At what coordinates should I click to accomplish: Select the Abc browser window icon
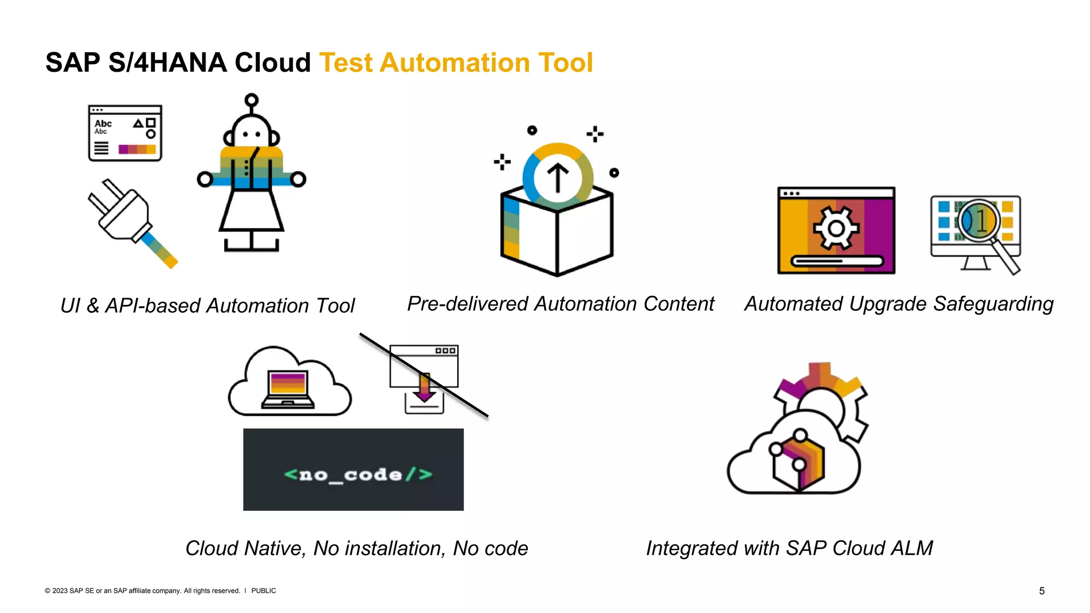pyautogui.click(x=125, y=133)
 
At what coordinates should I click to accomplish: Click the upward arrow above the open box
pyautogui.click(x=558, y=177)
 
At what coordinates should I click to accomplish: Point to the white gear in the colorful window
pyautogui.click(x=836, y=229)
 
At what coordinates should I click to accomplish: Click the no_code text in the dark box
pyautogui.click(x=358, y=474)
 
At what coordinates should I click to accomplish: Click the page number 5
pyautogui.click(x=1042, y=591)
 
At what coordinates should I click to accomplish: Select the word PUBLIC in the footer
pyautogui.click(x=263, y=591)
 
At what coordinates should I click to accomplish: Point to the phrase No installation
pyautogui.click(x=379, y=548)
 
